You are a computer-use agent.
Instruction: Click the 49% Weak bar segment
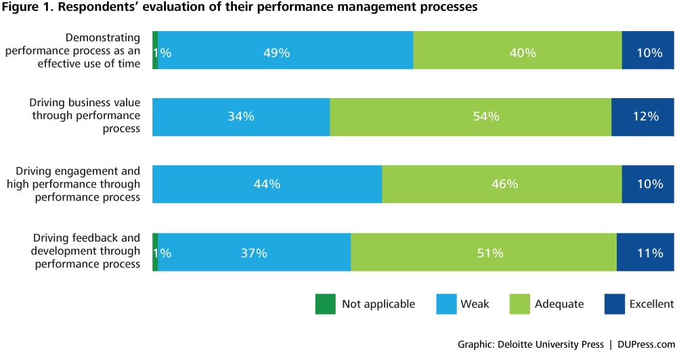(x=285, y=51)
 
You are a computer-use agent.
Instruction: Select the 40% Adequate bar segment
(x=517, y=51)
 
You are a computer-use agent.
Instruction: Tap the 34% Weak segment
(x=241, y=116)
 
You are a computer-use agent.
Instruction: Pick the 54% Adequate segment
(x=470, y=116)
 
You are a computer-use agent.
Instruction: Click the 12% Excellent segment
(x=642, y=116)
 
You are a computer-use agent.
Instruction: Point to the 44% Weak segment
(x=267, y=183)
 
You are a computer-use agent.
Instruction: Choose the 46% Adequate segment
(x=502, y=183)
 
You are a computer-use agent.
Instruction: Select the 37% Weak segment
(x=254, y=252)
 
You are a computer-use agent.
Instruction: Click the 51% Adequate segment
(x=483, y=252)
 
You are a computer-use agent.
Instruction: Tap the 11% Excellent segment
(x=645, y=252)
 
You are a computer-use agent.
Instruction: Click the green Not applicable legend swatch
(x=325, y=305)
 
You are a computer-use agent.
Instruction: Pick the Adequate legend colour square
(x=518, y=305)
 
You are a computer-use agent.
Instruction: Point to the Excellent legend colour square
(x=613, y=305)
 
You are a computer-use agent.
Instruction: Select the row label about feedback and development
(x=87, y=251)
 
